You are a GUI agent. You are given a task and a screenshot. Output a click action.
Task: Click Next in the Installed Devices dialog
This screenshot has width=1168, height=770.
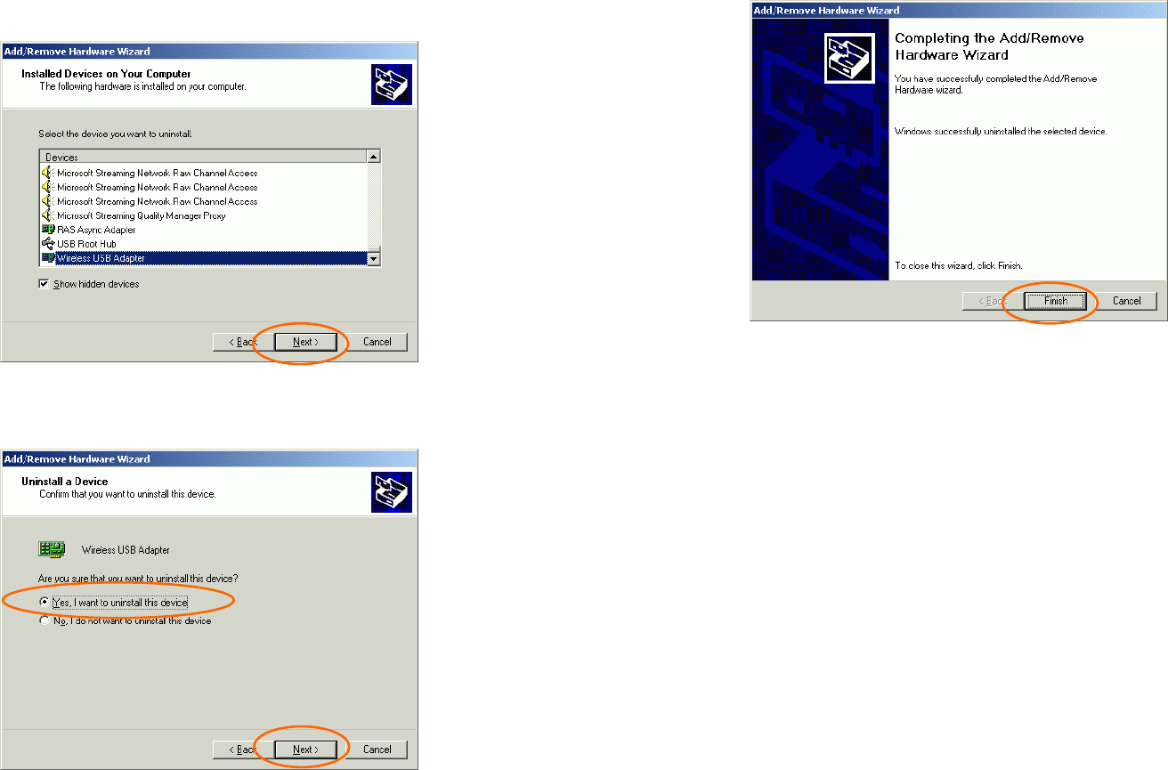pyautogui.click(x=305, y=342)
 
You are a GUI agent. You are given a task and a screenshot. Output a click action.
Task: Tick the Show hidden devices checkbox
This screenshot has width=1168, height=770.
pyautogui.click(x=44, y=284)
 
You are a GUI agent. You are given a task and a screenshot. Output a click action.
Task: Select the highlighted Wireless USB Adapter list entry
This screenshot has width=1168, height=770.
pyautogui.click(x=101, y=258)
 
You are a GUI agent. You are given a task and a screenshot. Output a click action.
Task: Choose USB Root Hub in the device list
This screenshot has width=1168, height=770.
pyautogui.click(x=86, y=244)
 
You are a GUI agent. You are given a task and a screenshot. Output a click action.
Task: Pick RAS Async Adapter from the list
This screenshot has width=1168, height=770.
pyautogui.click(x=96, y=230)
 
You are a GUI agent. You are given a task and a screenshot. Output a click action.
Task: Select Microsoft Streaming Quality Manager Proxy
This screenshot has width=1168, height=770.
pyautogui.click(x=141, y=215)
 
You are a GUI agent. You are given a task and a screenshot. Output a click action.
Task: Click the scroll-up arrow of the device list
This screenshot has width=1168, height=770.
pyautogui.click(x=374, y=157)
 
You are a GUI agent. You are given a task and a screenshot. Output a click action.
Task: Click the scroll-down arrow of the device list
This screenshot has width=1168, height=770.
pyautogui.click(x=374, y=258)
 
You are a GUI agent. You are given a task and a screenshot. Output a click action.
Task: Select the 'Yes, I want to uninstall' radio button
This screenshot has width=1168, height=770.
pyautogui.click(x=45, y=602)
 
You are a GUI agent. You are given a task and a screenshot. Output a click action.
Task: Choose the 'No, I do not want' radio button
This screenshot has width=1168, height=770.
pyautogui.click(x=45, y=620)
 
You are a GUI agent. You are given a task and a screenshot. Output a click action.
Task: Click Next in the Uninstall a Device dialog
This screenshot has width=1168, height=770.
pyautogui.click(x=305, y=750)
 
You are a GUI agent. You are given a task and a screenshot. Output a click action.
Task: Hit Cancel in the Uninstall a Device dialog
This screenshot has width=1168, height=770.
pyautogui.click(x=377, y=750)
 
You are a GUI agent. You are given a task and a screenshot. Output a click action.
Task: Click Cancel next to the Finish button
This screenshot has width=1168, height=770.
pyautogui.click(x=1126, y=301)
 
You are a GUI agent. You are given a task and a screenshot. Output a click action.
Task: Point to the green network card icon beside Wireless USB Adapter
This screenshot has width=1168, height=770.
pyautogui.click(x=52, y=549)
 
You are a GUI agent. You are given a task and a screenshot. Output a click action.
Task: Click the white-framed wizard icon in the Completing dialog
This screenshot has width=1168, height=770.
pyautogui.click(x=849, y=58)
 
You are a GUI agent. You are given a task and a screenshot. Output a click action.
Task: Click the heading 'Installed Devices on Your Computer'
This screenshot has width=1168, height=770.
pyautogui.click(x=106, y=74)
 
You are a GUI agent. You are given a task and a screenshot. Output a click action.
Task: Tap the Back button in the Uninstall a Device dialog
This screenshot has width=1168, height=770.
pyautogui.click(x=243, y=750)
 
